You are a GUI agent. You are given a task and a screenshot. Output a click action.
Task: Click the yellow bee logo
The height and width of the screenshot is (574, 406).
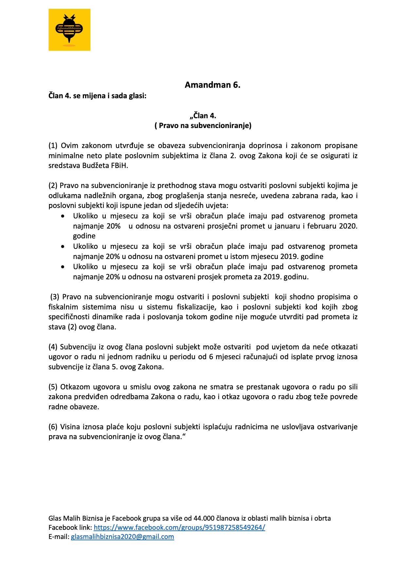coord(69,30)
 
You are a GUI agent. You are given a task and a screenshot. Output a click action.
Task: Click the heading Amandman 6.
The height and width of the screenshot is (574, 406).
coord(212,85)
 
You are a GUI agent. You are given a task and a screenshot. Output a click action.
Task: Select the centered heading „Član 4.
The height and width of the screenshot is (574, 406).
coord(203,116)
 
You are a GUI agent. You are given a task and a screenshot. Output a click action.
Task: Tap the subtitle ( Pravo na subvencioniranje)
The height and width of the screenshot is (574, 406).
coord(203,126)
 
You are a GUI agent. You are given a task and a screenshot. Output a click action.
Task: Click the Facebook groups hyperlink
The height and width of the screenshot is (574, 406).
coord(179,528)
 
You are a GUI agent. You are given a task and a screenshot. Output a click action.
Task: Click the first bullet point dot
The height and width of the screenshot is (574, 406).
coord(63,216)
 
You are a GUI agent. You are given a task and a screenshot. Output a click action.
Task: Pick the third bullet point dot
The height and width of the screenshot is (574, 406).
coord(63,267)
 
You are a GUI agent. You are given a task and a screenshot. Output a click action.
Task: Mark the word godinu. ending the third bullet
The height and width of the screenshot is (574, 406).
coord(297,277)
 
